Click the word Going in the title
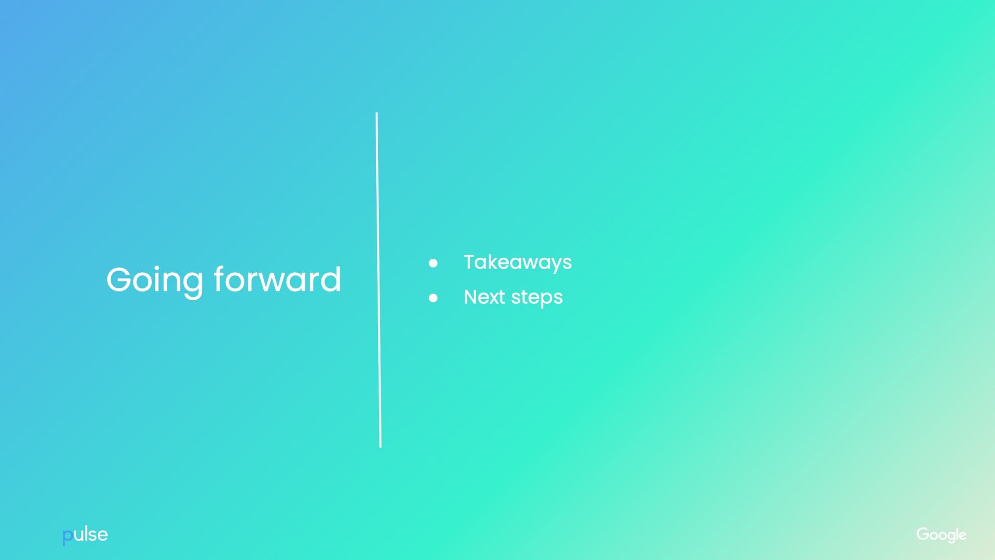(x=154, y=281)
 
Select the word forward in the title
(x=277, y=279)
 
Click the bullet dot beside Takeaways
(x=433, y=263)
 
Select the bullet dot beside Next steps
(x=433, y=298)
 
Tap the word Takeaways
(x=517, y=262)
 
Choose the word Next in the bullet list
(x=484, y=297)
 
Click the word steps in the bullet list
(x=536, y=298)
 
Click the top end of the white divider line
(x=377, y=114)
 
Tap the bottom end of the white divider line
(x=380, y=445)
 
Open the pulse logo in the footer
(x=85, y=535)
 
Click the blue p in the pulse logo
(x=67, y=536)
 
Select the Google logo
(x=941, y=535)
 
